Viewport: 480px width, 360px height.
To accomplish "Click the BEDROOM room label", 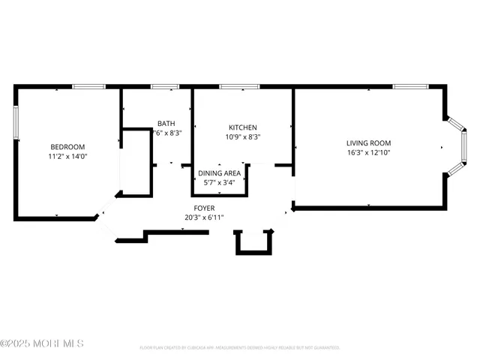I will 67,146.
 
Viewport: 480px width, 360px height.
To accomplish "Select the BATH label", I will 166,124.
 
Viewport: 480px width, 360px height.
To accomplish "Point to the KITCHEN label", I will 243,127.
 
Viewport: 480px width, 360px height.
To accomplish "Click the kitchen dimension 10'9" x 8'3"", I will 243,137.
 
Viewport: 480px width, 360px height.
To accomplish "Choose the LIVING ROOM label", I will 368,142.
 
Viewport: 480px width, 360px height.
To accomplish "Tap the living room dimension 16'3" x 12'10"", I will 368,153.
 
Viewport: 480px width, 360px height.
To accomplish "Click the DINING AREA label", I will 220,173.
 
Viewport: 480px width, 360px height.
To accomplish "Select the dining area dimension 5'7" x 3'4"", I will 220,182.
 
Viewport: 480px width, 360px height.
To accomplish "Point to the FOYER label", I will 204,208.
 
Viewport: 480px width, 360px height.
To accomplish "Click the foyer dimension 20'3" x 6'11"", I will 204,217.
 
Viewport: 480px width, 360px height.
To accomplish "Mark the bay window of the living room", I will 455,146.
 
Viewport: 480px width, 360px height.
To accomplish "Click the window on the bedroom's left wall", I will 16,122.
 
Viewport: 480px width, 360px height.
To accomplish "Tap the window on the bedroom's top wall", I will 88,87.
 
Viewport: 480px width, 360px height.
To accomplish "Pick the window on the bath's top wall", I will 161,87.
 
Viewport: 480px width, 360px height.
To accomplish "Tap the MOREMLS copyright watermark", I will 42,344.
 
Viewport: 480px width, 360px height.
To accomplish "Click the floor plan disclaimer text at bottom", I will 240,348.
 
